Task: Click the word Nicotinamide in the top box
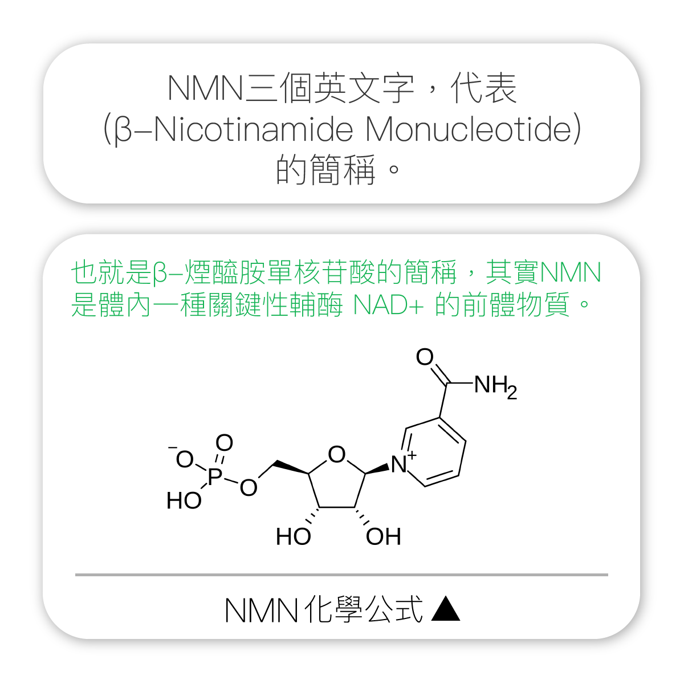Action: coord(253,129)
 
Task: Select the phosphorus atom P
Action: coord(215,476)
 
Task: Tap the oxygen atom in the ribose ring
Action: coord(336,454)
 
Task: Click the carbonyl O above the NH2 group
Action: coord(425,356)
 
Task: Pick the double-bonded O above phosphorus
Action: coord(225,443)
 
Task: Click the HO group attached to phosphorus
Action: coord(184,501)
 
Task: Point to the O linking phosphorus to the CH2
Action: coord(249,487)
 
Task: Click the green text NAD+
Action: coord(388,304)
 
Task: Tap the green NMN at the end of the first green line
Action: coord(570,272)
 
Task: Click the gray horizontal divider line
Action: coord(341,575)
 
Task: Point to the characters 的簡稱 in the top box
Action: coord(325,170)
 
